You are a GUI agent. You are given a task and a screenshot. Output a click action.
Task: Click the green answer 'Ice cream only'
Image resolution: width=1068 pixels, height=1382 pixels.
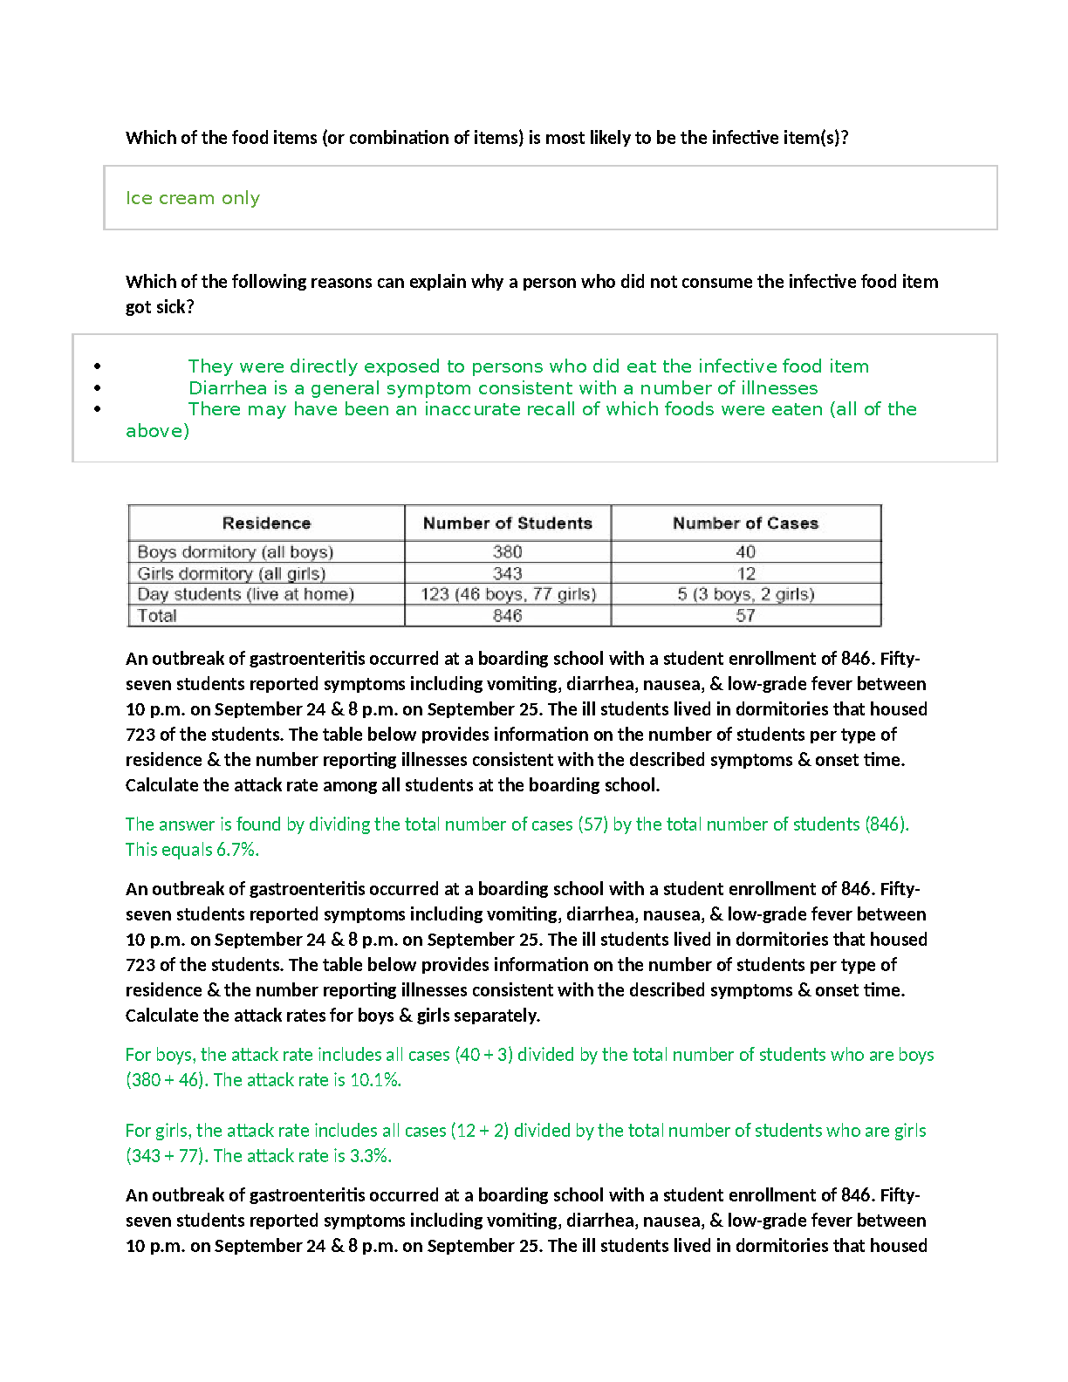click(x=193, y=198)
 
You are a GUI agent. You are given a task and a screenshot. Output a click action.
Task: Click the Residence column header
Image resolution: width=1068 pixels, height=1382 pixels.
click(x=266, y=523)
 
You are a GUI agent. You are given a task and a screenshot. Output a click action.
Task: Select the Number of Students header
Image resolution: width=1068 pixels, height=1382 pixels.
click(x=507, y=523)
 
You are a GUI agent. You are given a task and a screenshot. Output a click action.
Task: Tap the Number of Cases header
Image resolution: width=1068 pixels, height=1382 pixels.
click(x=745, y=523)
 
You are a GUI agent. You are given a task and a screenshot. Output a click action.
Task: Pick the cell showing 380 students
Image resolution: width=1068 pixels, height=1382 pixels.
click(x=507, y=552)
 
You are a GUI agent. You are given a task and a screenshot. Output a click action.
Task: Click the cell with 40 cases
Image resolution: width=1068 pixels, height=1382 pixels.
click(x=745, y=552)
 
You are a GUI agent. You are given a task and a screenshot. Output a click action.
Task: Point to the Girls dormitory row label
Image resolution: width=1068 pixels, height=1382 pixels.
click(x=231, y=573)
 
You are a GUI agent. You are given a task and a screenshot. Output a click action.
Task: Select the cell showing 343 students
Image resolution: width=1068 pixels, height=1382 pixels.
click(x=507, y=573)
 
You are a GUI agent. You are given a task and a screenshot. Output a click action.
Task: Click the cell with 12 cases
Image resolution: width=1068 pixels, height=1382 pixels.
click(x=745, y=573)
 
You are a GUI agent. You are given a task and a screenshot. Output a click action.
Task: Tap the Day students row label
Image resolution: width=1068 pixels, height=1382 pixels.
click(x=245, y=594)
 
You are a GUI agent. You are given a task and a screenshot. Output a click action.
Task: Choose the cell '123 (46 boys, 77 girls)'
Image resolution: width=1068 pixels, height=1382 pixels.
click(x=508, y=594)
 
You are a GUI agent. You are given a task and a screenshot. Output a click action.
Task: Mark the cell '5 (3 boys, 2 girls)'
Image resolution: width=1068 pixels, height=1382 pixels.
click(x=745, y=594)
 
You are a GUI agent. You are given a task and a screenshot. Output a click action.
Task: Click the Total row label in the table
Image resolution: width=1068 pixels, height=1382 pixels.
click(x=157, y=616)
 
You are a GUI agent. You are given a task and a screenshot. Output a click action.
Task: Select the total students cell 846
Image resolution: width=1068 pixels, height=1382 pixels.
click(x=507, y=616)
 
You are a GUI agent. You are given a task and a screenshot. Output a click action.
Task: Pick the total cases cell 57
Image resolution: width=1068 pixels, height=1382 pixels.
click(x=745, y=616)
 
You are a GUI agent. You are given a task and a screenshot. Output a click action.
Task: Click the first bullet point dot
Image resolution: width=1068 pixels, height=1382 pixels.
click(x=98, y=366)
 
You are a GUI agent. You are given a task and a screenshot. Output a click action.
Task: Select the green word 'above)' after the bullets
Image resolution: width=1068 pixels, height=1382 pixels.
click(x=157, y=431)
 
